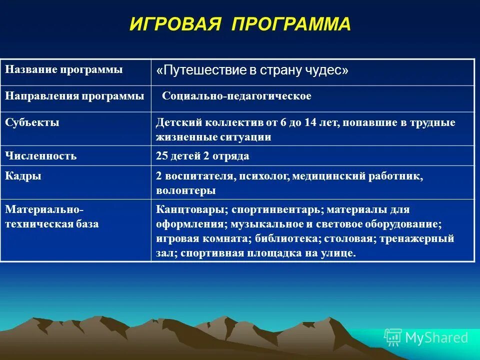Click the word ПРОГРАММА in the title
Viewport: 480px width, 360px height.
pos(291,24)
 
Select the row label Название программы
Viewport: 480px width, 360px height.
pos(63,69)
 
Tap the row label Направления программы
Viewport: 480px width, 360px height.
pos(74,96)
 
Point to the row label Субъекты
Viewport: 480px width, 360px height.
pos(32,122)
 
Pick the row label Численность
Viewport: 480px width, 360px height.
pos(41,156)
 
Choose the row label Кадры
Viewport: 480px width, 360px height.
pos(23,176)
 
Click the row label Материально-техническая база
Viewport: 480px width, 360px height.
pos(52,216)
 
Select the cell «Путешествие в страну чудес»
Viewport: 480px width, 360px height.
pos(252,71)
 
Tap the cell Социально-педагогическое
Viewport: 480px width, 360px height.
pos(236,96)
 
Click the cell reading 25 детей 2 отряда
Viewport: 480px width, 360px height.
pos(202,156)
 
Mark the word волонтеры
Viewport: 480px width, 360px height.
pos(185,190)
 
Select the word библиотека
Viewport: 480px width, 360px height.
pos(280,238)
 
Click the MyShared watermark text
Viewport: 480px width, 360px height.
pos(436,337)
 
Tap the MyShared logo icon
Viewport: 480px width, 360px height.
pos(392,337)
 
